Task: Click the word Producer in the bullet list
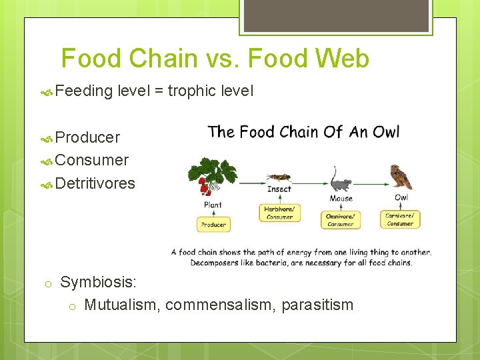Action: (88, 137)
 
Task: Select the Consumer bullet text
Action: (92, 160)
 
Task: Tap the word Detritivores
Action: (95, 183)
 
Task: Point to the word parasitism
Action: (317, 305)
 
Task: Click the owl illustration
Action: (401, 177)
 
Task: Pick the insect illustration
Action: (278, 177)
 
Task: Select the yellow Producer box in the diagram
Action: (214, 225)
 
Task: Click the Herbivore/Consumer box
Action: (279, 212)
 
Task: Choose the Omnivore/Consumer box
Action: (341, 220)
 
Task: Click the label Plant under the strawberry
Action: (213, 205)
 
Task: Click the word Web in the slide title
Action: (343, 59)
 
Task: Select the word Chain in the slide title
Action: (159, 59)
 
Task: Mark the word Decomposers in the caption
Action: (213, 262)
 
